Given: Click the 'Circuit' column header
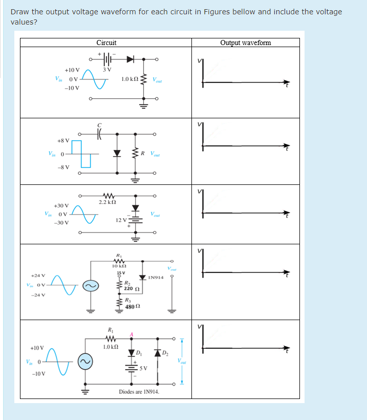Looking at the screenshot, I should pyautogui.click(x=106, y=43).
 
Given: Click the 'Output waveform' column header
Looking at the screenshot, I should pyautogui.click(x=246, y=43).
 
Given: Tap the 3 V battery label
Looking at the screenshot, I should pyautogui.click(x=106, y=70).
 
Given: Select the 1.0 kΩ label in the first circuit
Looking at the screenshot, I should pyautogui.click(x=128, y=79).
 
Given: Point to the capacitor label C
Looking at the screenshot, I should pyautogui.click(x=100, y=124).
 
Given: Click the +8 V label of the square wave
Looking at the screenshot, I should pyautogui.click(x=63, y=140).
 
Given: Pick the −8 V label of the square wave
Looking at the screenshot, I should pyautogui.click(x=63, y=167).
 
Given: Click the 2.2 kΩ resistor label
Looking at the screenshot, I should pyautogui.click(x=107, y=203).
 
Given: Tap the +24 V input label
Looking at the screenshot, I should pyautogui.click(x=39, y=275).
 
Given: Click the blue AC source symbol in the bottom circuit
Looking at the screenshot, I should pyautogui.click(x=85, y=362).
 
